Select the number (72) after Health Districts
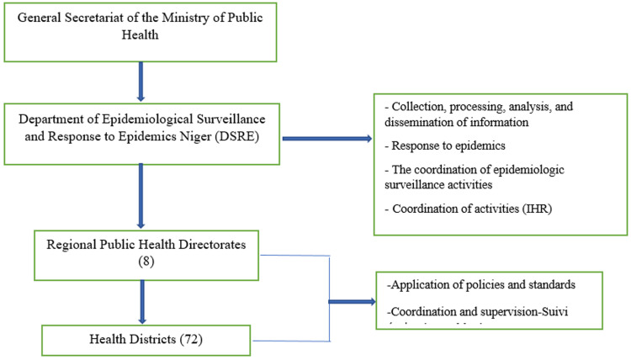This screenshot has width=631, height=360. [x=191, y=340]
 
